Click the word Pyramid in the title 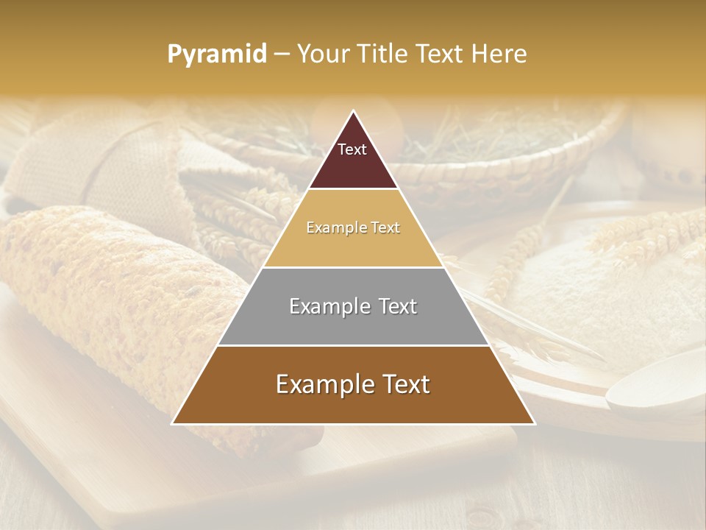(216, 54)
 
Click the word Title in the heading (380, 54)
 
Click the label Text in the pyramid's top (352, 149)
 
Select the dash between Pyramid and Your (282, 54)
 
